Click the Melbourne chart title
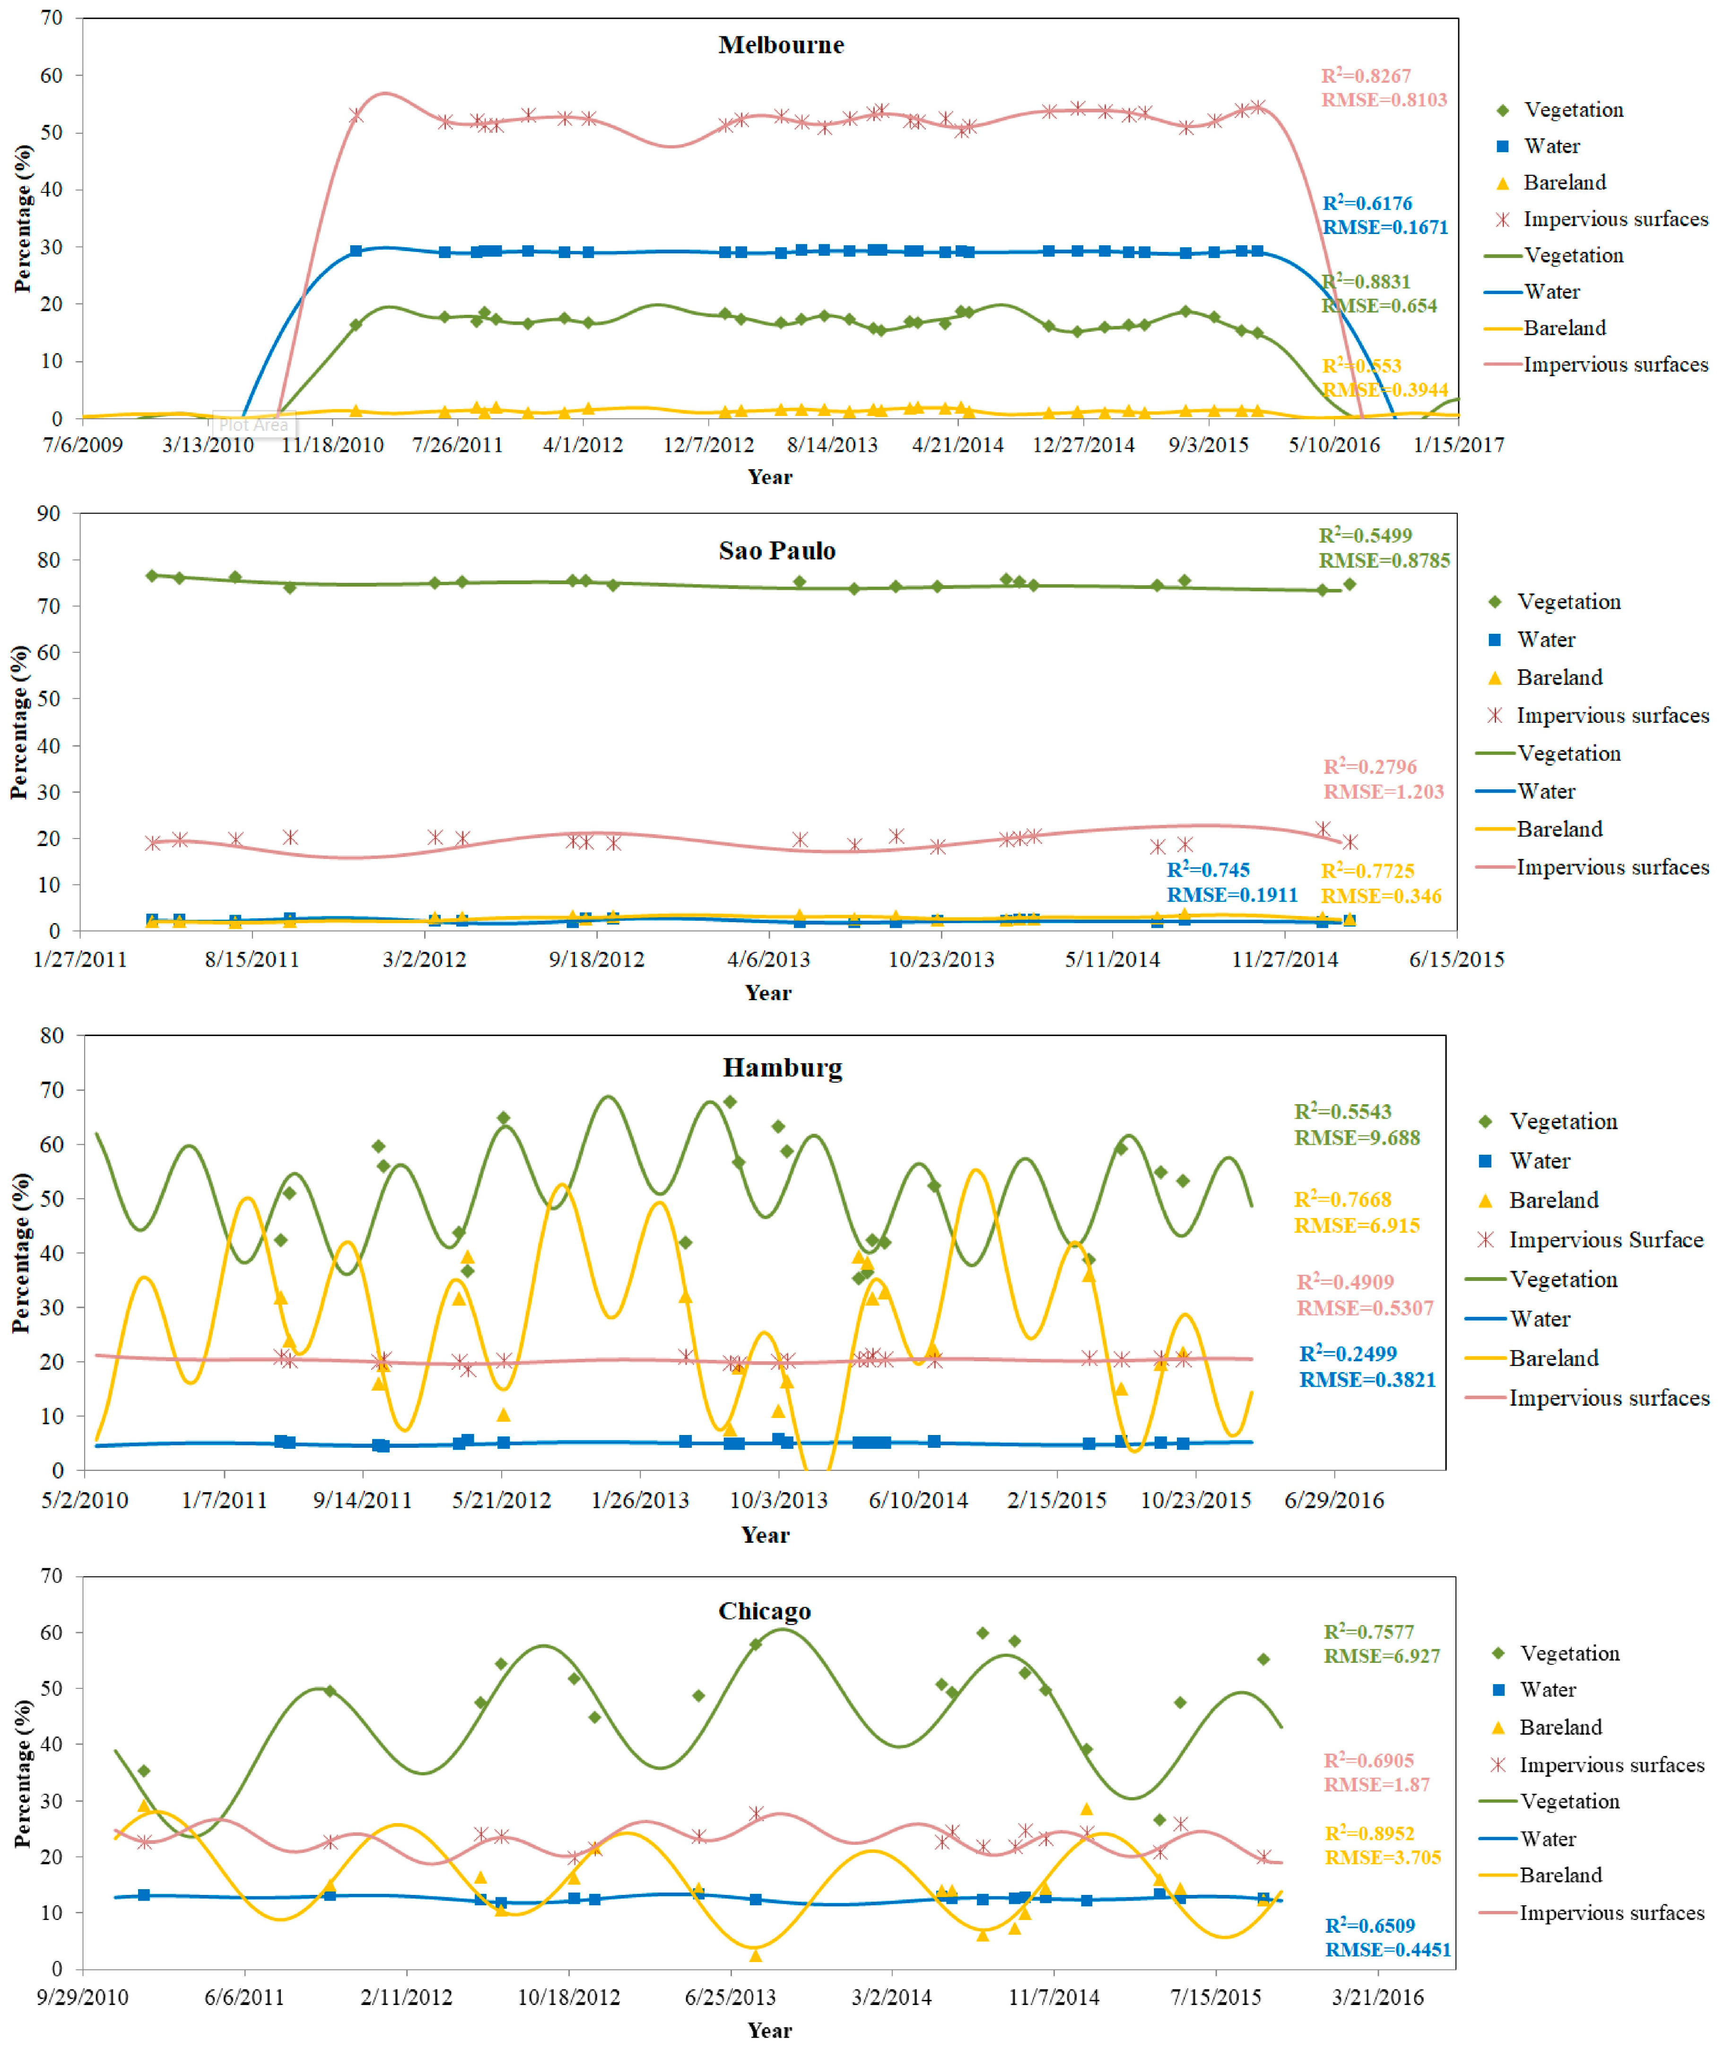(x=781, y=45)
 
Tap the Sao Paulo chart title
(x=777, y=551)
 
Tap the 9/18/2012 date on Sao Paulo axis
(x=596, y=960)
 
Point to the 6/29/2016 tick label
(x=1334, y=1500)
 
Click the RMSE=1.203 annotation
(x=1383, y=791)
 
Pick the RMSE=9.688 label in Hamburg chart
(x=1357, y=1137)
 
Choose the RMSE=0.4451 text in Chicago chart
(x=1387, y=1949)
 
